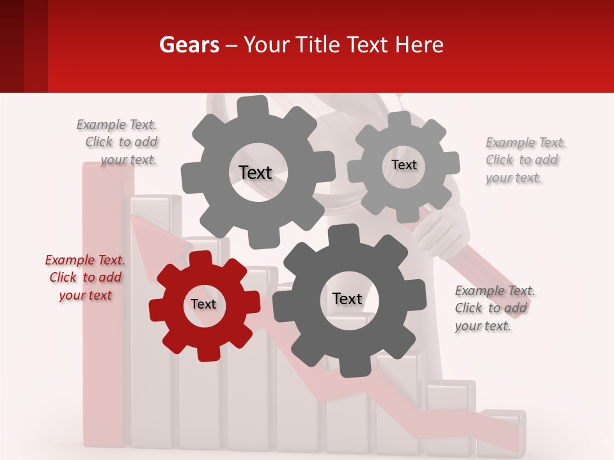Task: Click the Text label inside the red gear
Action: pos(203,305)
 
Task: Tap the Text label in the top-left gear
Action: pos(255,172)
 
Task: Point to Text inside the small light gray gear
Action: pos(404,165)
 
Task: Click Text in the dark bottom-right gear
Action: pos(347,298)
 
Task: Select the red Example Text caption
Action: pos(85,277)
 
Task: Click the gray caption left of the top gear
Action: pos(118,142)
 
